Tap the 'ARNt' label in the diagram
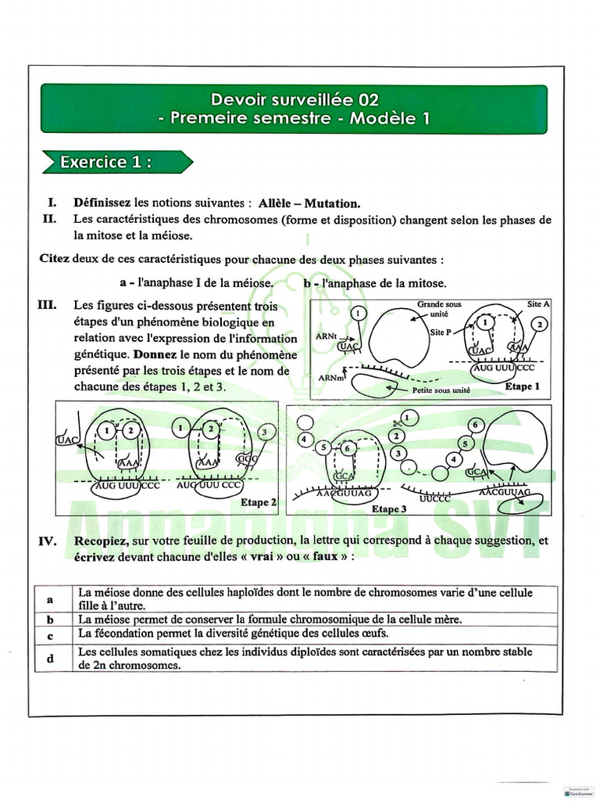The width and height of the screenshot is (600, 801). coord(327,335)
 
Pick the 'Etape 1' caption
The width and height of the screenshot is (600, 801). coord(523,386)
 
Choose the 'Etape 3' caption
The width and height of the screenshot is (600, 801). coord(389,508)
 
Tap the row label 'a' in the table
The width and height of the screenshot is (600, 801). coord(49,599)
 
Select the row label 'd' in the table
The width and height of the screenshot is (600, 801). coord(49,659)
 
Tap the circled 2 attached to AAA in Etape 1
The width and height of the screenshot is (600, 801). coord(539,324)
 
